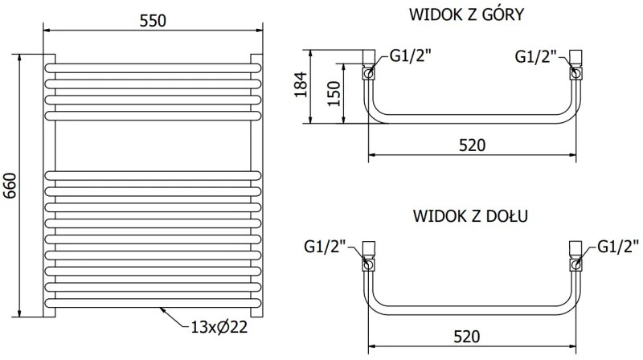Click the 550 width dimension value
[152, 22]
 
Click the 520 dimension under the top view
[472, 145]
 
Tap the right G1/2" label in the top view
[536, 56]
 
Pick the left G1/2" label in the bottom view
[326, 247]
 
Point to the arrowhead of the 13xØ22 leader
[161, 308]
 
